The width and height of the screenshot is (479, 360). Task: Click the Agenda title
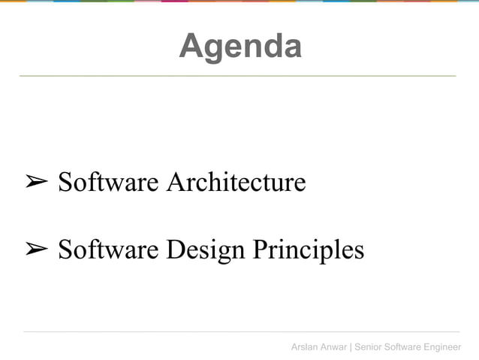tap(240, 47)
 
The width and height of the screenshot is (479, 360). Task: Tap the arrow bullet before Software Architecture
tap(37, 182)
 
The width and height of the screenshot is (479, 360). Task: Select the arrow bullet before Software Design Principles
tap(37, 249)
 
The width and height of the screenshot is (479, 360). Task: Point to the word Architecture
tap(236, 182)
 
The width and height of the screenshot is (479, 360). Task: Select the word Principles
tap(308, 250)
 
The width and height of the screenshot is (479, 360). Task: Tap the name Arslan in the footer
tap(306, 346)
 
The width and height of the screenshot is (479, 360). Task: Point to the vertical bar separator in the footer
tap(351, 346)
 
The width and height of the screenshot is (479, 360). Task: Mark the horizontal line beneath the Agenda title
tap(237, 76)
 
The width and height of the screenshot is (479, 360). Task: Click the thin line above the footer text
tap(240, 331)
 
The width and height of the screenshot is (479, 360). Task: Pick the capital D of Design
tap(175, 249)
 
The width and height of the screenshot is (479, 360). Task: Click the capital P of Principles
tap(259, 249)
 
